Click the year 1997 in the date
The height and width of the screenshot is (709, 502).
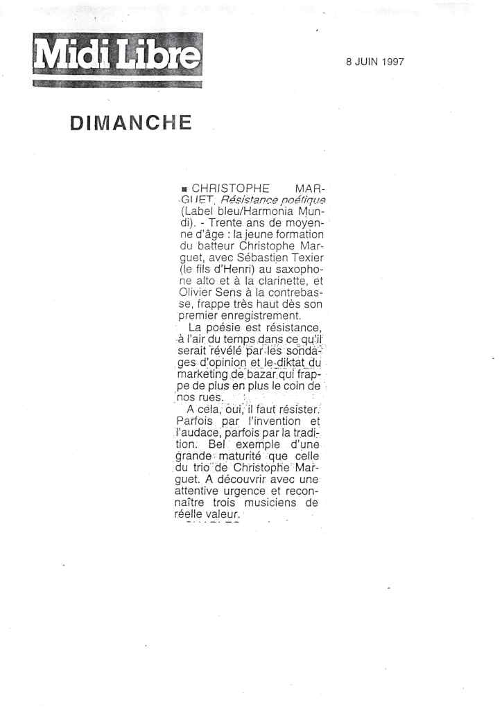[x=392, y=61]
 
